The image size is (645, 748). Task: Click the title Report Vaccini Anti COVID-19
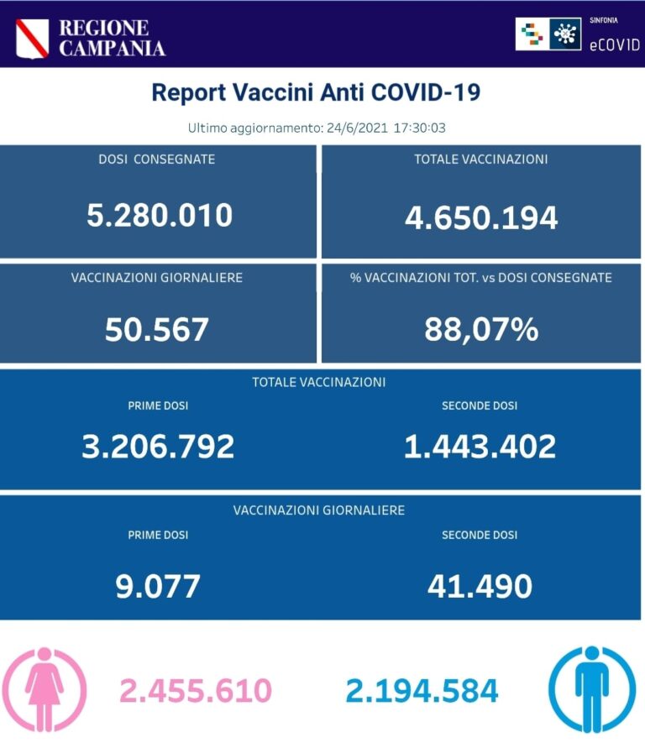click(316, 92)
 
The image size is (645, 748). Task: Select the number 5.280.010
click(160, 216)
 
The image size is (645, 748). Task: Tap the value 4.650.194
click(481, 217)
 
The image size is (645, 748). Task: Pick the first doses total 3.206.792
click(158, 447)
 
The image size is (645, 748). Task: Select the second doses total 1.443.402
click(480, 447)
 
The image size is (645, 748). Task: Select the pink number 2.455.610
click(196, 691)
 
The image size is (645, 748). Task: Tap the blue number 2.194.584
click(422, 691)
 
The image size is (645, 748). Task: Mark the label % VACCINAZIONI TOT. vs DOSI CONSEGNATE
click(481, 277)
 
